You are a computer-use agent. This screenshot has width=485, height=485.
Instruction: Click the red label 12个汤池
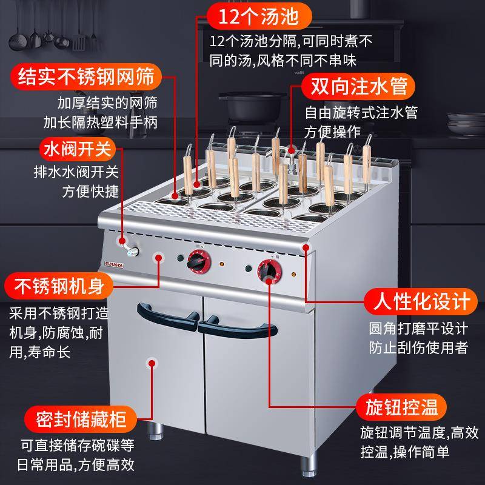tap(254, 16)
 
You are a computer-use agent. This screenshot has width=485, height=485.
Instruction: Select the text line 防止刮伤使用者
tap(418, 347)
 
